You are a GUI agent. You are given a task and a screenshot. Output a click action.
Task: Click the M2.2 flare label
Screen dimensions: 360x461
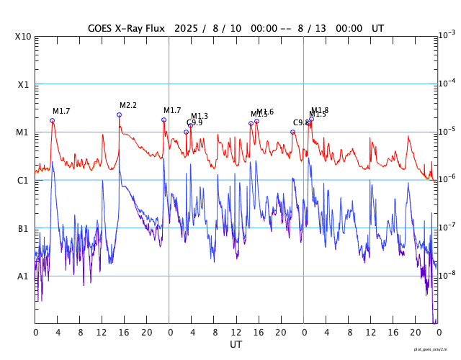128,106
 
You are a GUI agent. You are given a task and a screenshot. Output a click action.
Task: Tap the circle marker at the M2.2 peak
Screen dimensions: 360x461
119,114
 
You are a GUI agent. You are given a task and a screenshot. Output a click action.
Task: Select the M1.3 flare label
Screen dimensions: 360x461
200,116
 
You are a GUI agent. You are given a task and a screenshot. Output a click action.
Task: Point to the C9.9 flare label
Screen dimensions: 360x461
194,123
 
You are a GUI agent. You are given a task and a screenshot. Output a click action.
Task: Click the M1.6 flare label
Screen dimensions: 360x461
265,112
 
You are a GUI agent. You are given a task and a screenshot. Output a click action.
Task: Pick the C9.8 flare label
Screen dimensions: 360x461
301,123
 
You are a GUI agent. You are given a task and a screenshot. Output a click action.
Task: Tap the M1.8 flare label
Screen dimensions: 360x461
320,110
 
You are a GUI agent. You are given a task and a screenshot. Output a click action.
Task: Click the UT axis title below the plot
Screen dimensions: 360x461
236,345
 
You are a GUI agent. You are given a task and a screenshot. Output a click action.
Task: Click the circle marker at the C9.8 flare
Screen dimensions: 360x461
292,132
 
